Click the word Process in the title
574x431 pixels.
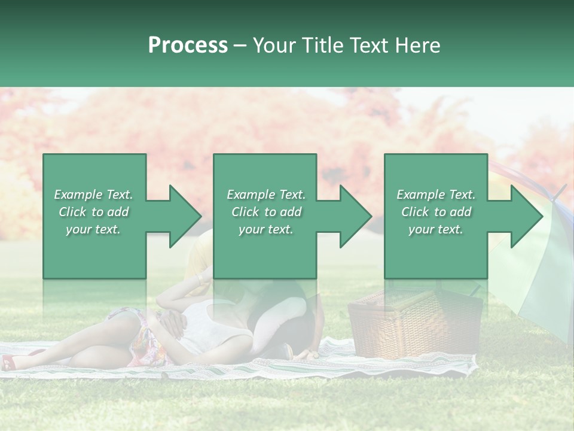188,45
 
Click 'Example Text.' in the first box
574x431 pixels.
94,195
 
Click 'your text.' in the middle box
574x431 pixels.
265,229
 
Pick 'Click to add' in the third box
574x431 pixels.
436,212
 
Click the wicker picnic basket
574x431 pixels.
415,326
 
